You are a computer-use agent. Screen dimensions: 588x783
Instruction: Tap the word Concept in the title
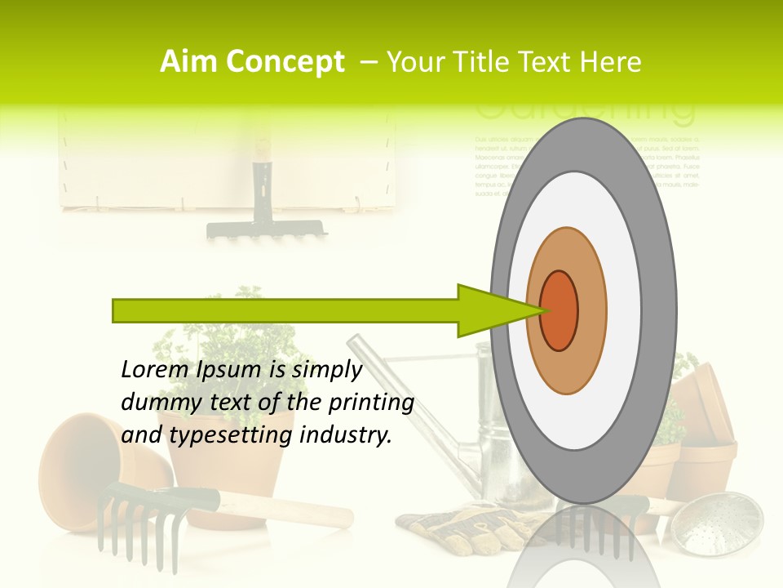tap(285, 62)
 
